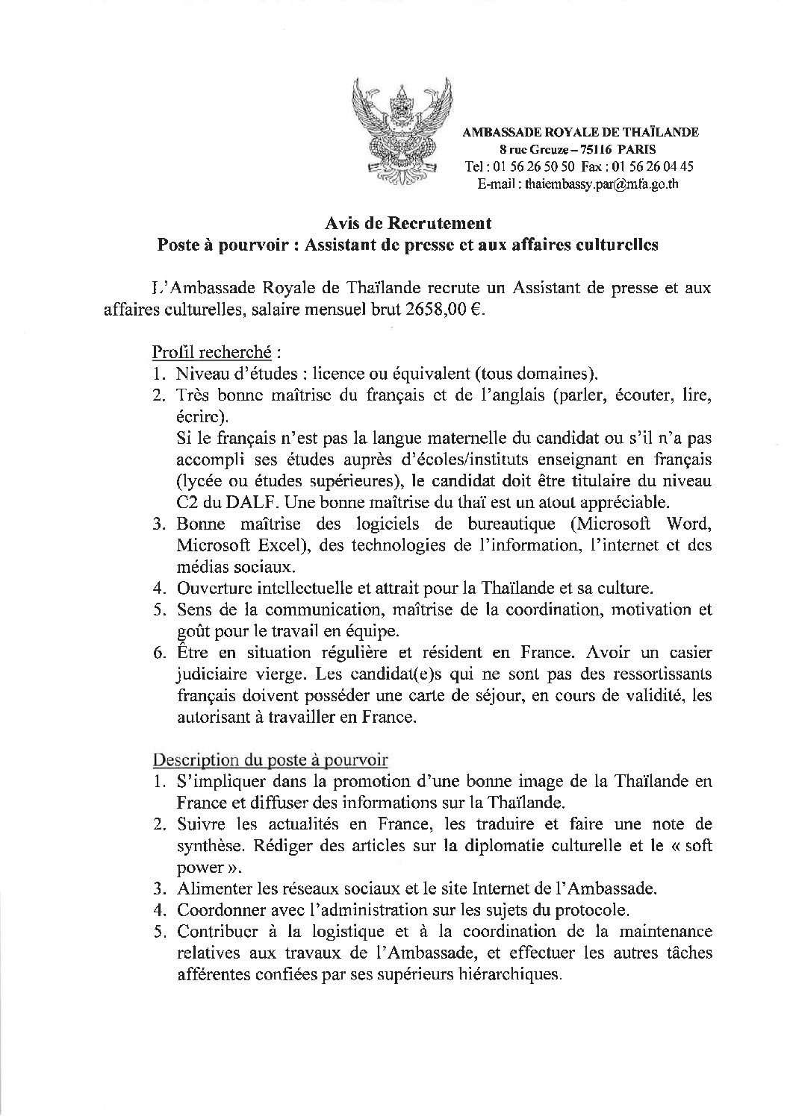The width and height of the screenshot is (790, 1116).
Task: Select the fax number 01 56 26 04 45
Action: [651, 166]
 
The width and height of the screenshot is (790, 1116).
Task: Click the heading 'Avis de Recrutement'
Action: [408, 223]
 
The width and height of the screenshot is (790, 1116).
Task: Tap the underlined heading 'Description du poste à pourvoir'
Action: [270, 760]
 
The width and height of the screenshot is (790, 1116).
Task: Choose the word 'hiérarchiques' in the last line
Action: [511, 974]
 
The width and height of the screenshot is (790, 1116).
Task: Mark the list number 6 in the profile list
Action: [159, 653]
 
